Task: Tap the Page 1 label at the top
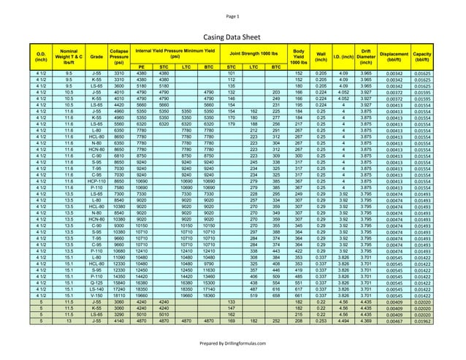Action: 233,15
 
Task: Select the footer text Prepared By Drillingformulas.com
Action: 233,344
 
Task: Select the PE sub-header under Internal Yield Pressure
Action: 142,66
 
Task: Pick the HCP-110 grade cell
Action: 96,180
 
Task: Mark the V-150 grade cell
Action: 96,295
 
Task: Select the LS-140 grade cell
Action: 96,288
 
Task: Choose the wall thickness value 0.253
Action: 320,321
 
